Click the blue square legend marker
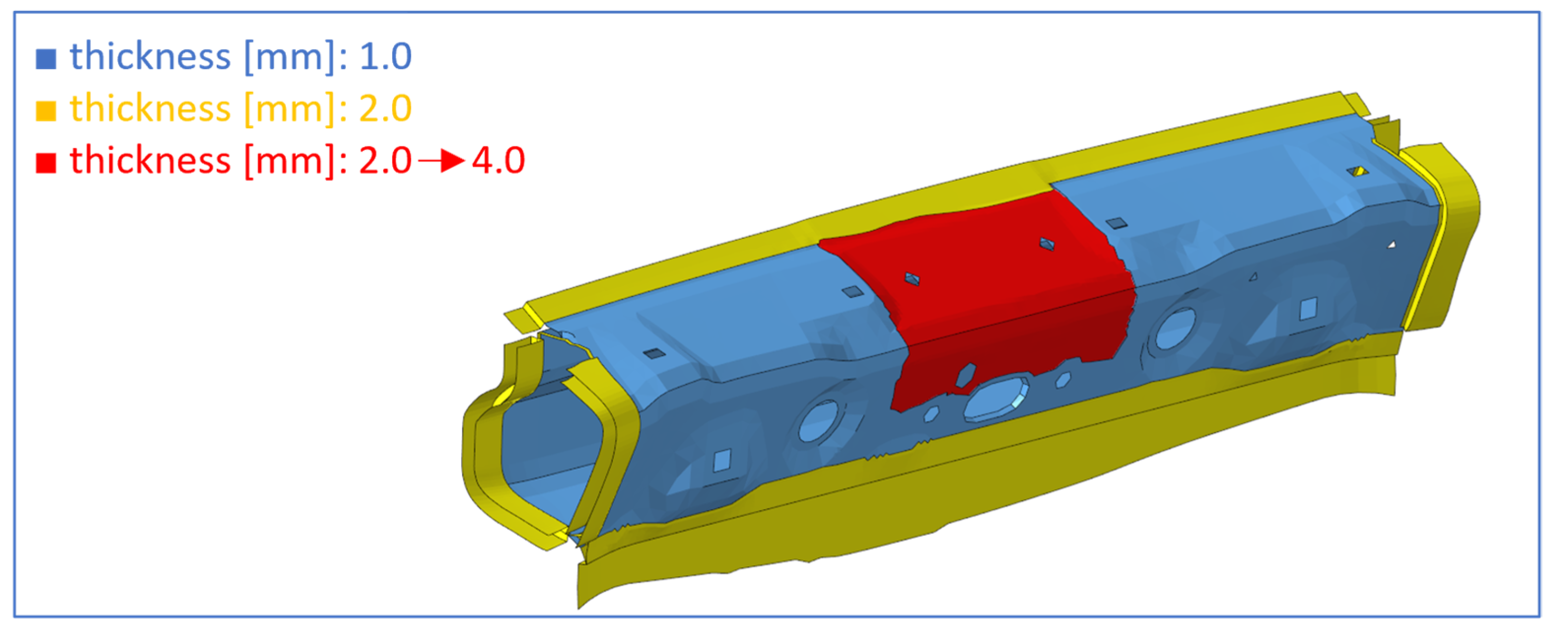[x=46, y=59]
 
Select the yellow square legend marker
[x=46, y=110]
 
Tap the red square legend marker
[x=46, y=162]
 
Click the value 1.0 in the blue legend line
[x=386, y=56]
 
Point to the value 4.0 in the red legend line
[x=498, y=160]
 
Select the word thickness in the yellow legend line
[x=150, y=108]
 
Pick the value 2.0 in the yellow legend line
[x=386, y=108]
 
